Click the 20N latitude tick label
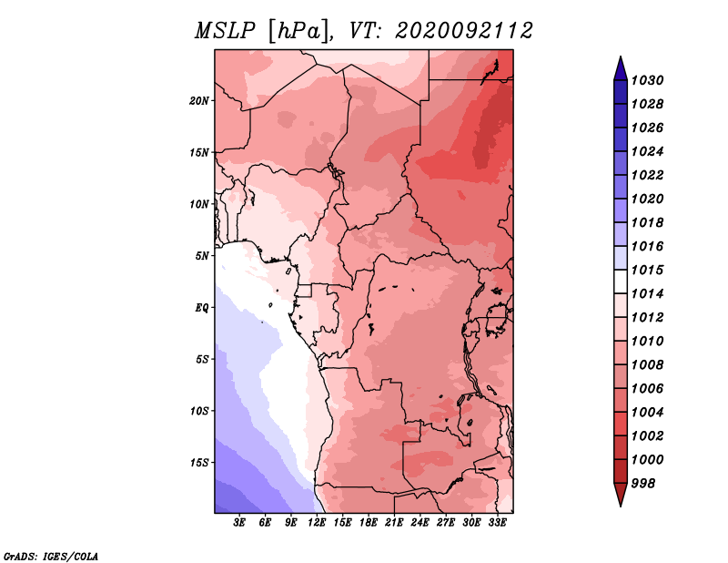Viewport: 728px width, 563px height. coord(199,101)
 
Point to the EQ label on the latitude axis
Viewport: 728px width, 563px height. coord(202,308)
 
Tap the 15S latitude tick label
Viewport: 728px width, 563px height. coord(199,463)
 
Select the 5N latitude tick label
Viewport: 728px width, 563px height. coord(202,256)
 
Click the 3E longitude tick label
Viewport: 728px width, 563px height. coord(239,523)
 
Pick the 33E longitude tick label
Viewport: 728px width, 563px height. coord(497,523)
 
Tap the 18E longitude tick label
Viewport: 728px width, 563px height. coord(369,523)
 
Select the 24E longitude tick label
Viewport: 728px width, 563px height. coord(420,523)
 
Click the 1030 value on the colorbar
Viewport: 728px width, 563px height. coord(648,80)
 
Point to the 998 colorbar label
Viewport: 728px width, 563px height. coord(643,484)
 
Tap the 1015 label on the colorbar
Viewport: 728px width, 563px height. coord(648,270)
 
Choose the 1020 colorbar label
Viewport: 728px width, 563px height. coord(648,199)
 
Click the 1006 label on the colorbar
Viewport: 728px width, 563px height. coord(648,389)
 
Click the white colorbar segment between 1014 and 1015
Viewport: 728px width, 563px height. coord(621,281)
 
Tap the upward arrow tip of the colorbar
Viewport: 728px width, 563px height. coord(621,56)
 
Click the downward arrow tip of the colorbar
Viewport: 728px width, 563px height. coord(621,507)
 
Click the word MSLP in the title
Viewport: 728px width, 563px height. coord(225,31)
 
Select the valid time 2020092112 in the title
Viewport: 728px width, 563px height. coord(464,31)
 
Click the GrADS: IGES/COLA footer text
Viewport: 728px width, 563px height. coord(51,557)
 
